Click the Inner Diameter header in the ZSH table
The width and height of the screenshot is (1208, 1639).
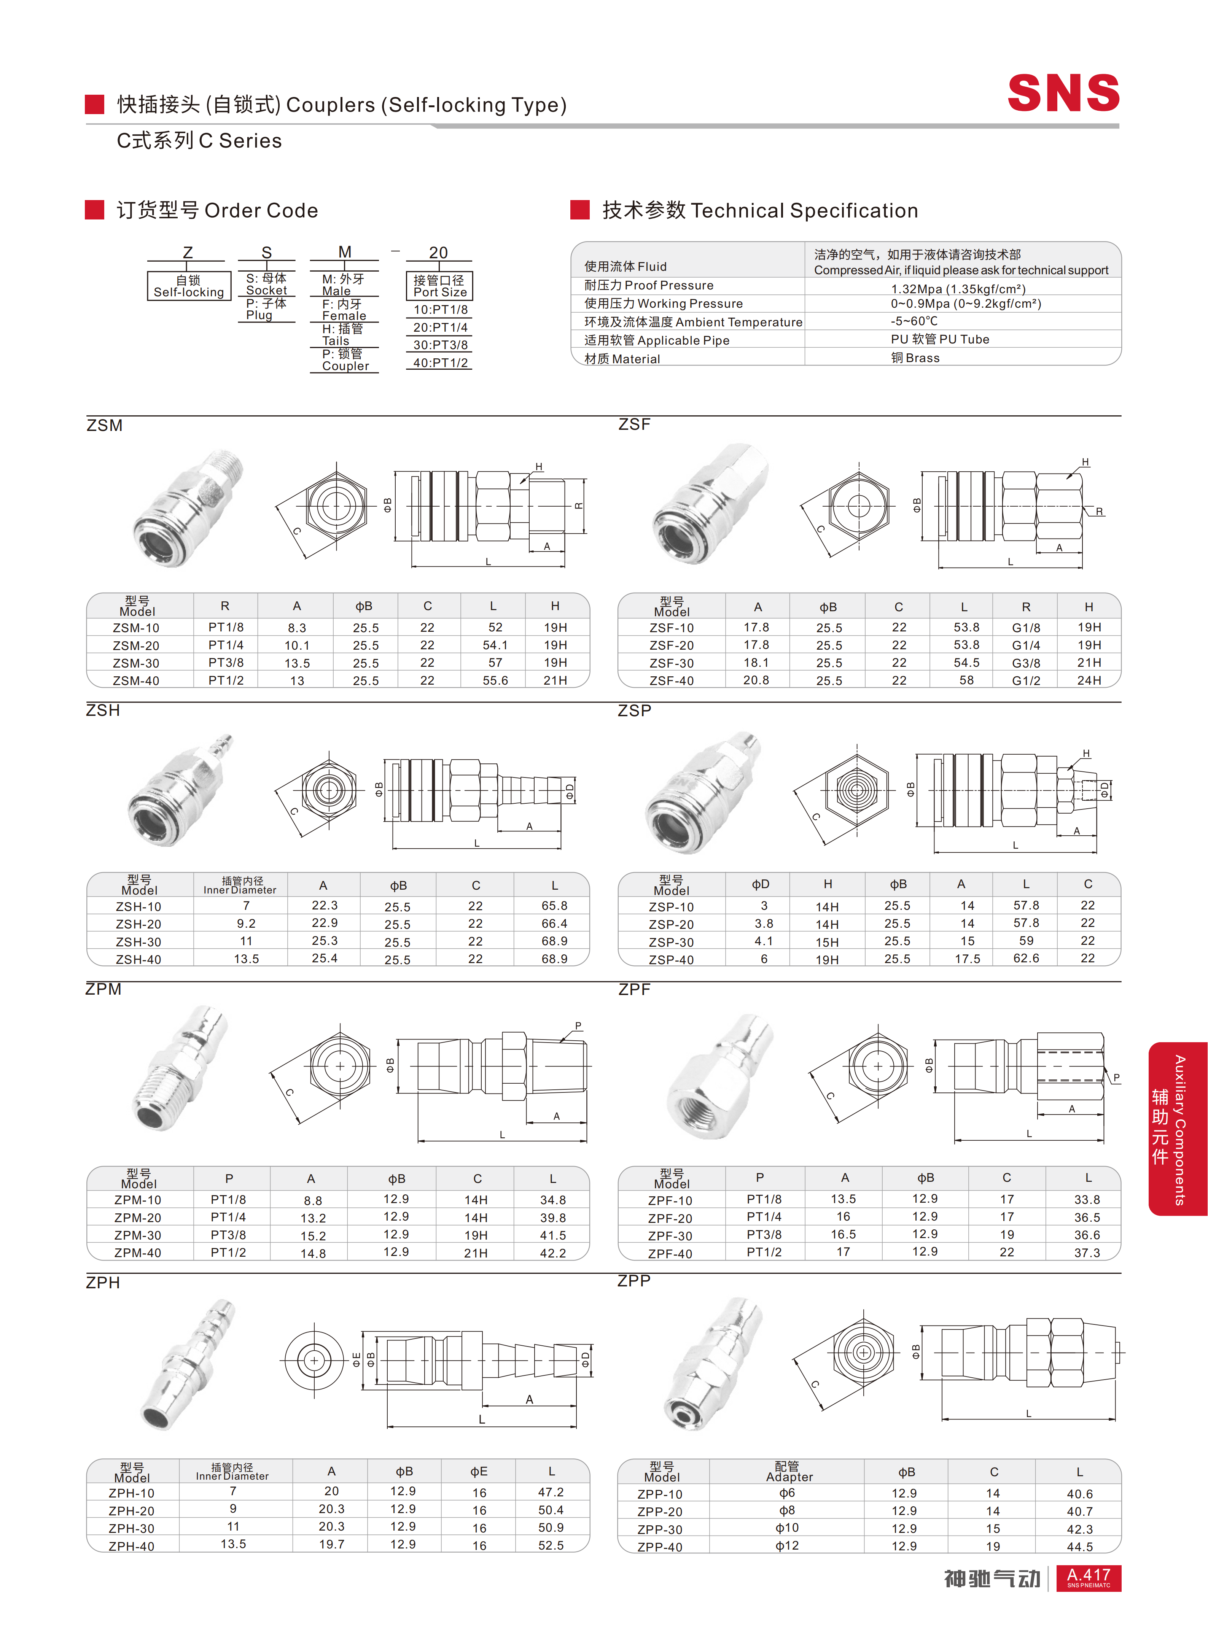click(x=240, y=885)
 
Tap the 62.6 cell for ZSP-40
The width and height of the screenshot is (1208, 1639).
click(x=1025, y=959)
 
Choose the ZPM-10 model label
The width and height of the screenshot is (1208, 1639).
click(x=137, y=1200)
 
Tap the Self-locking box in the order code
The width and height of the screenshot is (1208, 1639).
click(x=189, y=286)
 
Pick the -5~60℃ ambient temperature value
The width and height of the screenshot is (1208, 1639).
click(x=914, y=321)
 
